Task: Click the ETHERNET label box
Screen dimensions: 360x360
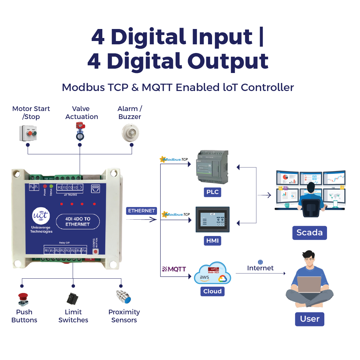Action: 142,211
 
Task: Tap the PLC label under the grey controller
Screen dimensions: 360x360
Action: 212,192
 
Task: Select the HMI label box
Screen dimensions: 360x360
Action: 212,240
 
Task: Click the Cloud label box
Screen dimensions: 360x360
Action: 212,291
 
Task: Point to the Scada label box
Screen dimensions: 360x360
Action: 309,232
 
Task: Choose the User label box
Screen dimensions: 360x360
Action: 309,319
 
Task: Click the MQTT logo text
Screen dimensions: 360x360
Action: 174,269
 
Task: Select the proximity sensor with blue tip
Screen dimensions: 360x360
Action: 124,297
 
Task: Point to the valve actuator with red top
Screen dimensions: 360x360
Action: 80,131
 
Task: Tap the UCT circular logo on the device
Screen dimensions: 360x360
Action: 41,217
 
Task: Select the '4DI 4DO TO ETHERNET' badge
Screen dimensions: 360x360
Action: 77,222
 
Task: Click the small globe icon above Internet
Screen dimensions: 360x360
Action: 260,262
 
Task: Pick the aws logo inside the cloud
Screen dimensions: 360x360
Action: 205,277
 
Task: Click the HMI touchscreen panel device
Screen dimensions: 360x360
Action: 212,220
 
